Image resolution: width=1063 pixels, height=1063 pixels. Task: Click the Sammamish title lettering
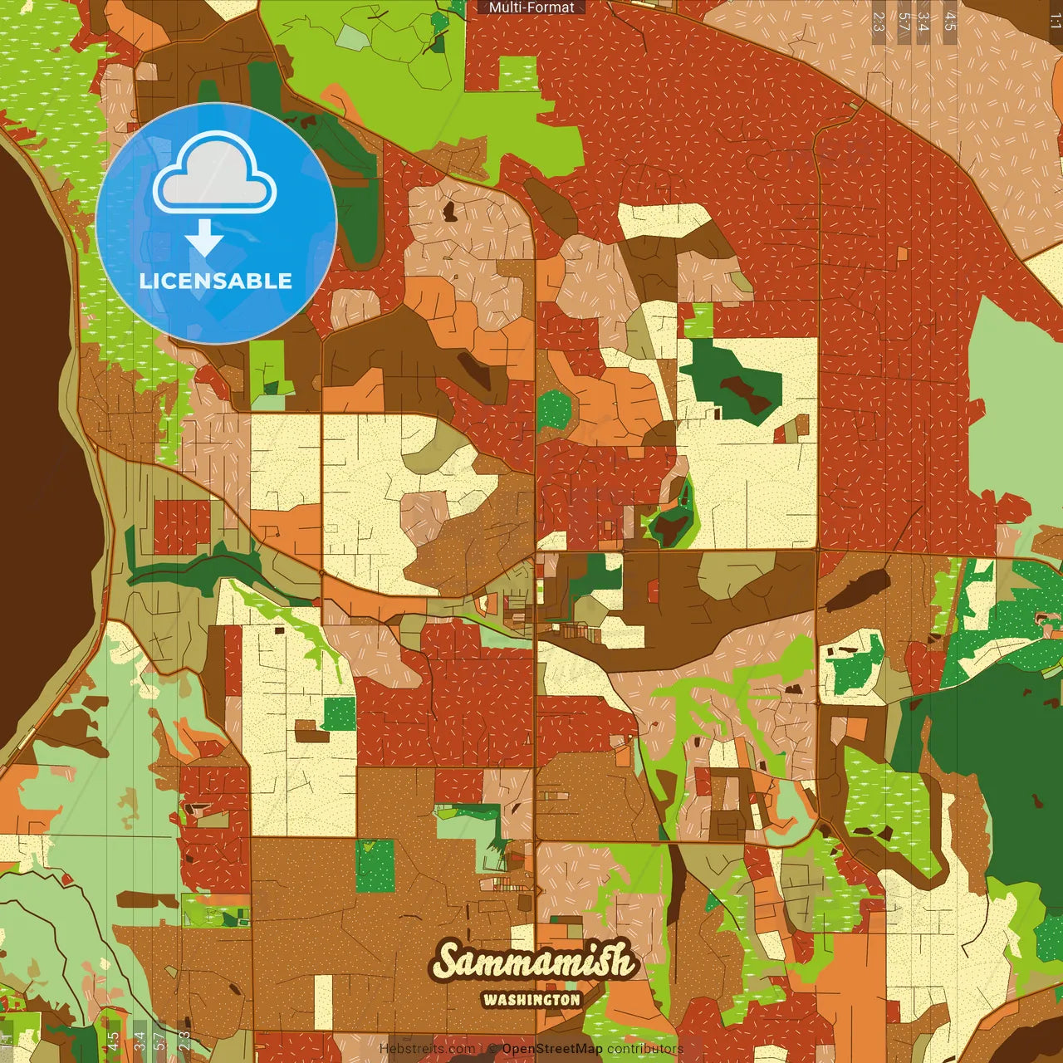pos(532,962)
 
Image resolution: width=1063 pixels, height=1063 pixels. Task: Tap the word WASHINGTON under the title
pos(531,999)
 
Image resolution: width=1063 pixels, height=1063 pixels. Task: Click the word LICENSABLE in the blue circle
pos(216,281)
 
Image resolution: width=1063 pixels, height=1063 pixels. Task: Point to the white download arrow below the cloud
pos(204,238)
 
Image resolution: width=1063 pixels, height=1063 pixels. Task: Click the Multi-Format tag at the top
pos(531,7)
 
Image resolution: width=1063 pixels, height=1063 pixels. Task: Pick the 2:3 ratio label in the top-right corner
pos(879,22)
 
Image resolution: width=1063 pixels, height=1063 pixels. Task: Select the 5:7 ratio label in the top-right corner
pos(904,22)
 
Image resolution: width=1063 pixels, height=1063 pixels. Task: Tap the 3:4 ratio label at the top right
pos(923,22)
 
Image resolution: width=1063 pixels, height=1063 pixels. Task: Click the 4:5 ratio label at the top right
pos(950,22)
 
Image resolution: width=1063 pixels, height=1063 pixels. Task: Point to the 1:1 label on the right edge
pos(1055,22)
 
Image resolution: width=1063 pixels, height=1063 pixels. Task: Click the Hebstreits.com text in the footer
pos(427,1049)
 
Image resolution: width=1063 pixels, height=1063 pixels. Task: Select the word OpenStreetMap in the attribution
pos(551,1049)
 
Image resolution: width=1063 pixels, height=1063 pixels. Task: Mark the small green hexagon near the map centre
pos(554,409)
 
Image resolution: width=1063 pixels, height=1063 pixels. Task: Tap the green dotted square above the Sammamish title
pos(375,865)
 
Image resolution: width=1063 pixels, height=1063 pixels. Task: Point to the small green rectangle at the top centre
pos(518,73)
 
